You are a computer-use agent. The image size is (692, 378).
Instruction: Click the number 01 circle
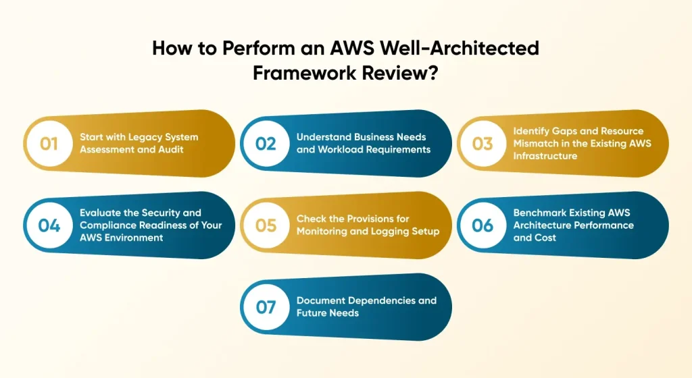pos(49,143)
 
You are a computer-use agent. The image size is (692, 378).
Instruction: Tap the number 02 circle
pos(266,143)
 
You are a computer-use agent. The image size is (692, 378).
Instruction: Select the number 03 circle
pos(483,143)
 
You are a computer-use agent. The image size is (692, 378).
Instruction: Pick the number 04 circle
pos(49,225)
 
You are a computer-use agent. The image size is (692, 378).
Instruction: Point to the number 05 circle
pos(266,225)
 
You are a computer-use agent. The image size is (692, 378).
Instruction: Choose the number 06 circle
pos(483,225)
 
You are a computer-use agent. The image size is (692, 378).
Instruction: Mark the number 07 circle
pos(266,307)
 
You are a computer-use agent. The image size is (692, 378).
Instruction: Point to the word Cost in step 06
pos(544,237)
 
